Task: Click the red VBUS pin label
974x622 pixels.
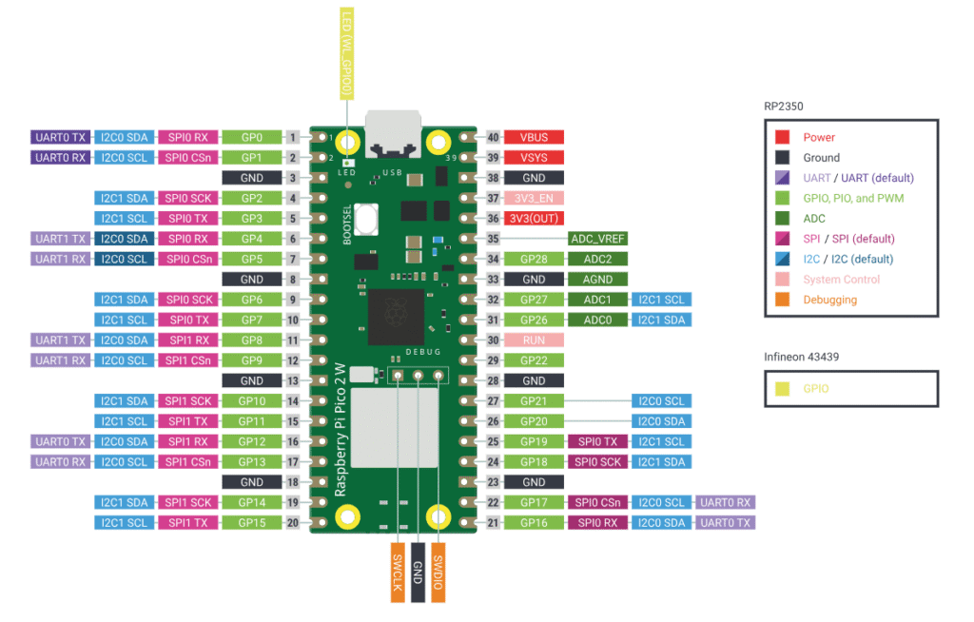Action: [534, 137]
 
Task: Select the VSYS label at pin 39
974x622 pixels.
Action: [534, 157]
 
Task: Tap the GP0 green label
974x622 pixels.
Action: [252, 137]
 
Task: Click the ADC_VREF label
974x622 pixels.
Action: [597, 239]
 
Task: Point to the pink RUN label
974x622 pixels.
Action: [534, 340]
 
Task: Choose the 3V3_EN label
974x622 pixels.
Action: [534, 198]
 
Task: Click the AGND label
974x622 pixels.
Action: [597, 279]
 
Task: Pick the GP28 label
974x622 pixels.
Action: [534, 259]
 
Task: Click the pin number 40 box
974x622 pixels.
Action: [493, 137]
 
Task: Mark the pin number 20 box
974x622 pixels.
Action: [293, 522]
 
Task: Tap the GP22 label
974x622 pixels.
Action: [534, 360]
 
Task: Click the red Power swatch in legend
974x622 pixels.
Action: [782, 137]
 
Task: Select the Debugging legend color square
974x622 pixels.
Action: [782, 300]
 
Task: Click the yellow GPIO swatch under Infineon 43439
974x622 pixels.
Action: [782, 388]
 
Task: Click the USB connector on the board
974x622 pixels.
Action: [391, 135]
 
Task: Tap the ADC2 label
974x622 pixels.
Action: [597, 259]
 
